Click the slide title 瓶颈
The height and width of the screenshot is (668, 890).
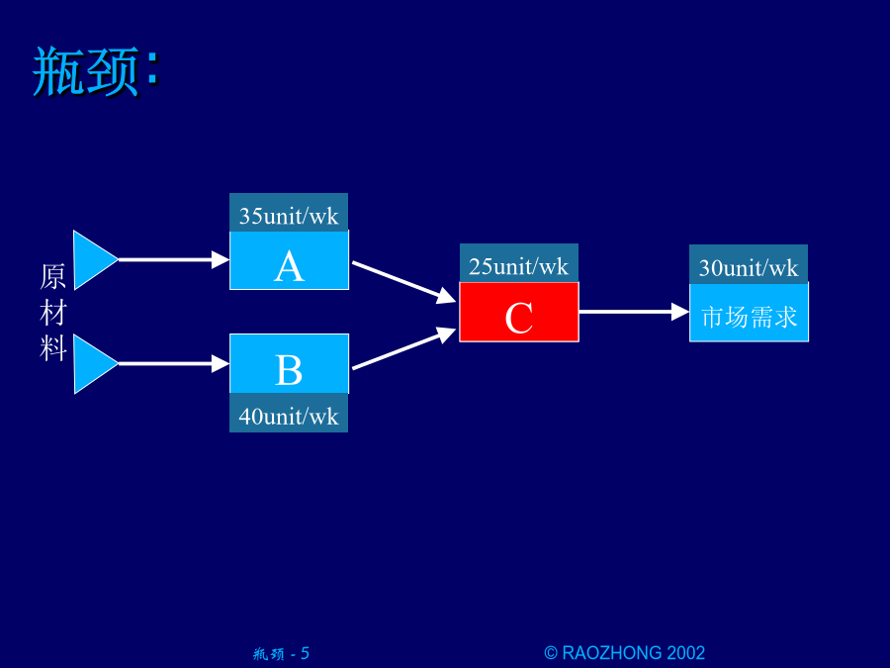click(86, 71)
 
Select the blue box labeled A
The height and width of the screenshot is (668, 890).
click(289, 260)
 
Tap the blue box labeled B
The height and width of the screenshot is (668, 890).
click(289, 363)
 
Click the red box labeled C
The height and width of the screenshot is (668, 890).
click(519, 312)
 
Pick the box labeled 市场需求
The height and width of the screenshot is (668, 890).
click(749, 312)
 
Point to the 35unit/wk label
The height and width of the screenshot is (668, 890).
click(289, 216)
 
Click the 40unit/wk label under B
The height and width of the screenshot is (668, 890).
click(289, 417)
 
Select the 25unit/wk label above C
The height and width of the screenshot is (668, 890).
click(519, 266)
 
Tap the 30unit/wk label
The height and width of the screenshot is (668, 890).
click(749, 267)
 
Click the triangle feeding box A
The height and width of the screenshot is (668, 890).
click(94, 260)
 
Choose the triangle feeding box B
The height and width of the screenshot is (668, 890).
click(94, 363)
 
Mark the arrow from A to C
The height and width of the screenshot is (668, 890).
click(404, 282)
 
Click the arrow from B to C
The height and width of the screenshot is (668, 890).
click(404, 348)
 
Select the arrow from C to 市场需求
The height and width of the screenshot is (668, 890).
click(634, 312)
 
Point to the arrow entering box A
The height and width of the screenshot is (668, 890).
click(174, 259)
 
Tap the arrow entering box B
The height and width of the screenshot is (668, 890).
click(174, 363)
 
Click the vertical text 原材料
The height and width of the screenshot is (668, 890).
click(53, 312)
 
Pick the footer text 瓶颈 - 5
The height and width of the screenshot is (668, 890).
click(281, 654)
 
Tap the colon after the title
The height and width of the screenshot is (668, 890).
click(152, 67)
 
